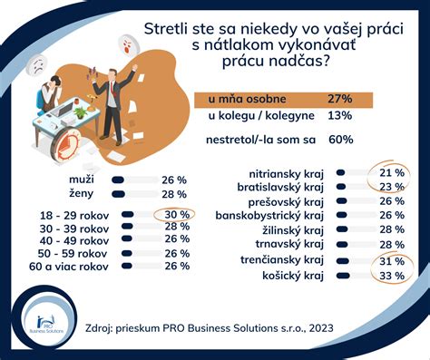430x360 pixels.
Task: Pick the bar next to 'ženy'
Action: tap(126, 193)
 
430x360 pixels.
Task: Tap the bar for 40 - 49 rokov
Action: tap(128, 240)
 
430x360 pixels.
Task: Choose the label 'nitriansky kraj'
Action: tap(285, 172)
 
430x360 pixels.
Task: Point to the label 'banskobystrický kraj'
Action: tap(269, 215)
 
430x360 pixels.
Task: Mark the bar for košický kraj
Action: tap(342, 275)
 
